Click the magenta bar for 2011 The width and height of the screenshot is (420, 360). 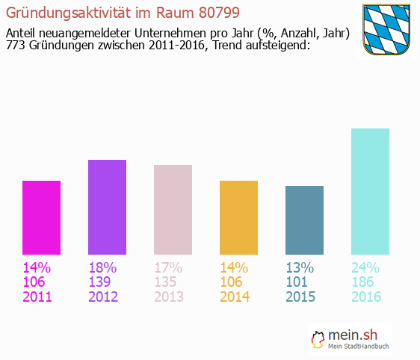pos(41,217)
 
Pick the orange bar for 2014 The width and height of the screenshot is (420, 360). pos(238,217)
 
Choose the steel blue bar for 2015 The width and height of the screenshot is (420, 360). pos(304,220)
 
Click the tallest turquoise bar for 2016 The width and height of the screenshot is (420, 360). pos(370,191)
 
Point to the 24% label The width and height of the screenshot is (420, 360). pos(365,267)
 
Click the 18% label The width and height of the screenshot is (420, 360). pos(102,267)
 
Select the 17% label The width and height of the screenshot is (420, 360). pos(168,267)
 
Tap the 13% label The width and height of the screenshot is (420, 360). pos(300,267)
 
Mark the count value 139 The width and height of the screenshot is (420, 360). pos(101,282)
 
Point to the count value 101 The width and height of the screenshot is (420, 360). pos(298,282)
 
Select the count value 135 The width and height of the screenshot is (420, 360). pos(167,282)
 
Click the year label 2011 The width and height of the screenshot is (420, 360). pos(37,297)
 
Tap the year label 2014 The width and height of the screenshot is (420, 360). pos(235,297)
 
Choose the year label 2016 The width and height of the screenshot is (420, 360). pos(366,297)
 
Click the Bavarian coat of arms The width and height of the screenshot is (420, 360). pos(387,30)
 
